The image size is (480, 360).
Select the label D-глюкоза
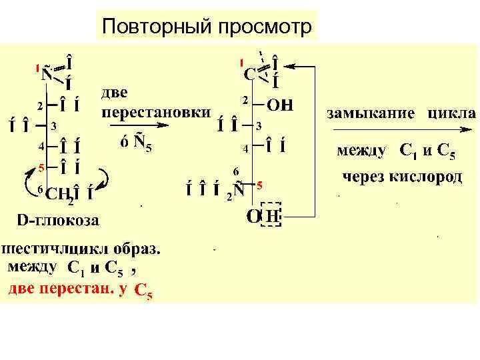[58, 219]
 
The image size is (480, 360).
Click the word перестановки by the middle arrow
[155, 112]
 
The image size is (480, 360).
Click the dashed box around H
[271, 215]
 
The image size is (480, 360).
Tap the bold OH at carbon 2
[280, 105]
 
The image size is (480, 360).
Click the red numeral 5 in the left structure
[40, 167]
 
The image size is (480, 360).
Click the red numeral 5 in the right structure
[259, 185]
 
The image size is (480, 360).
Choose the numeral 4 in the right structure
[245, 149]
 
